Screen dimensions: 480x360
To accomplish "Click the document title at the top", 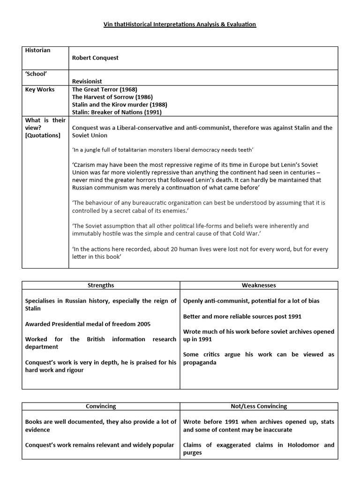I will [x=180, y=24].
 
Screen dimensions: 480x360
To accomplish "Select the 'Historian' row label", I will [x=37, y=51].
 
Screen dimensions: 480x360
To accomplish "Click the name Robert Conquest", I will [x=95, y=58].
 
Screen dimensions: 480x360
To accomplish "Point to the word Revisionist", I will [x=87, y=81].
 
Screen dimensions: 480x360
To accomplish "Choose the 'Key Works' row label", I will [x=39, y=90].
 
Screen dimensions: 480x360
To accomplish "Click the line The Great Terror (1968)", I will [x=105, y=90].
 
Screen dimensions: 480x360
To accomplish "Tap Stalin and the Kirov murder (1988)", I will [x=120, y=105].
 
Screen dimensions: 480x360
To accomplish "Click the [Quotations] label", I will [x=43, y=135].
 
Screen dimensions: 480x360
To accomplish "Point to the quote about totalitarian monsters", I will [x=162, y=150].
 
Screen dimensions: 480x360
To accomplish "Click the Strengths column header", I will [x=101, y=285].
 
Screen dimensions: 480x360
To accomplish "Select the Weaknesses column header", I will [x=259, y=285].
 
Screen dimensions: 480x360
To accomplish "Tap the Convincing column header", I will [x=101, y=406].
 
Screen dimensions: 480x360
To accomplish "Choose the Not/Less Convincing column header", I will [x=259, y=406].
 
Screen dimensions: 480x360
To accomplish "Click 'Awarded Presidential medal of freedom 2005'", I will [x=88, y=324].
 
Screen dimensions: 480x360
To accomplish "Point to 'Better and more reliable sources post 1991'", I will [x=242, y=316].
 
